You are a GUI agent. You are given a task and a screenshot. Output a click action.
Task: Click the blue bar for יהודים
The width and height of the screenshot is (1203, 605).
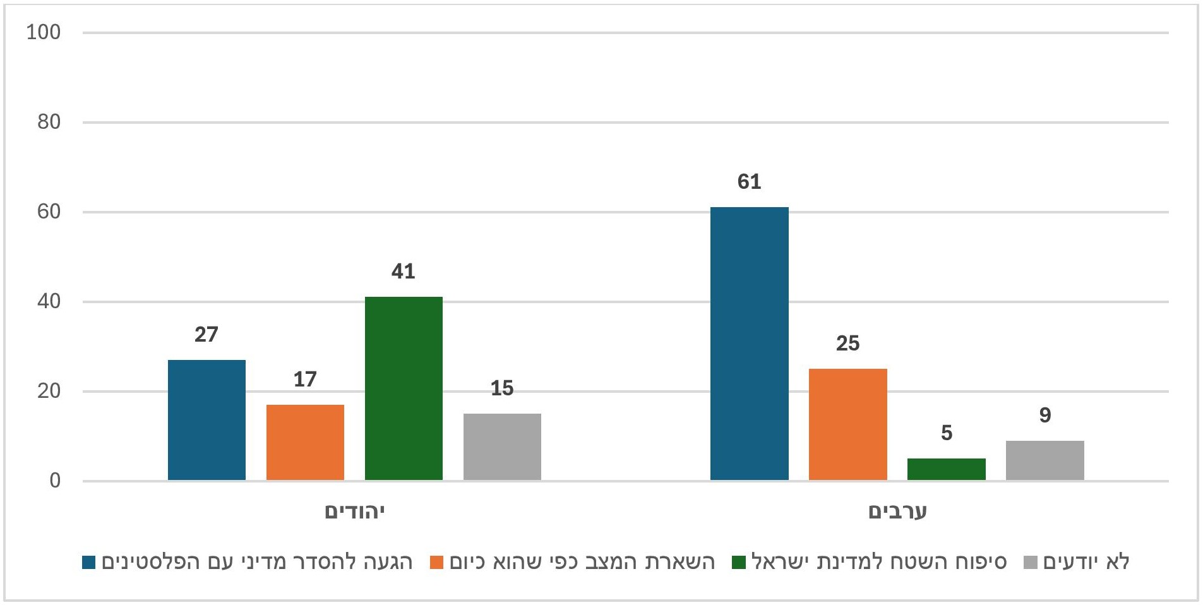pos(206,420)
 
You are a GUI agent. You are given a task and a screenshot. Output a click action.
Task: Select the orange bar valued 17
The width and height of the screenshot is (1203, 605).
pos(305,442)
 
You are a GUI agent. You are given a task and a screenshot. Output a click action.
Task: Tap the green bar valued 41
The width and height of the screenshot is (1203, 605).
pos(404,388)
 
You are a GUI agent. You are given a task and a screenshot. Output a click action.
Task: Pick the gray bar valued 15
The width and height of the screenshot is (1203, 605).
pos(502,446)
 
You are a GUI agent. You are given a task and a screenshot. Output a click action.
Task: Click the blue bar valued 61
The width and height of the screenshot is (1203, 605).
pos(749,344)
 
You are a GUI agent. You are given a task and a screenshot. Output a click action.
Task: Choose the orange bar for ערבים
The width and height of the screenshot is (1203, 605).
pos(847,424)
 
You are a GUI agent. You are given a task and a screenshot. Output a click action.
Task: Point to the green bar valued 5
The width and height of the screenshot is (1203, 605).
pos(946,469)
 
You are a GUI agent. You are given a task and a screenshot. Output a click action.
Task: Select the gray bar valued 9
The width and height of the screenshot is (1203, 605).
pos(1044,460)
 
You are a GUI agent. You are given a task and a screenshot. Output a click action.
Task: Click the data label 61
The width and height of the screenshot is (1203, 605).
pos(749,182)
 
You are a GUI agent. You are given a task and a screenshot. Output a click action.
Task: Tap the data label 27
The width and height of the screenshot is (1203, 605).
pos(206,335)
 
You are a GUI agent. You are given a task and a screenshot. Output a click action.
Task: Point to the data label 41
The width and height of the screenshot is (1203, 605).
pos(404,272)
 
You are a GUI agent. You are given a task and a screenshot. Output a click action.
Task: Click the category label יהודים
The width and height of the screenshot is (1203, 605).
pos(354,512)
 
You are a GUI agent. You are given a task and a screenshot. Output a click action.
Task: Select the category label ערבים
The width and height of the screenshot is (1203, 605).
pos(897,512)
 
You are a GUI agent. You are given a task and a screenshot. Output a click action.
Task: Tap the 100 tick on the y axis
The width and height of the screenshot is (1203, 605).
pos(44,32)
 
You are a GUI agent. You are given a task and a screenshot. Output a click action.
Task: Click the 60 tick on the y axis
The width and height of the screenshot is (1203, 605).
pos(49,212)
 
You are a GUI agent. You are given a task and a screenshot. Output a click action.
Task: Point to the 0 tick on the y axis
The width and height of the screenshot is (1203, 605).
pos(55,481)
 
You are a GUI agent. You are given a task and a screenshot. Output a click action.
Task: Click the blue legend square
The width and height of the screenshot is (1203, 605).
pos(89,562)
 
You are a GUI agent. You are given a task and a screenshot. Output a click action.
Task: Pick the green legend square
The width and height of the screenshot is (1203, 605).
pos(739,562)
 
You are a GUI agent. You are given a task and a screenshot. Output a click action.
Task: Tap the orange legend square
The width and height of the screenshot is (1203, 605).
pos(436,562)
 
